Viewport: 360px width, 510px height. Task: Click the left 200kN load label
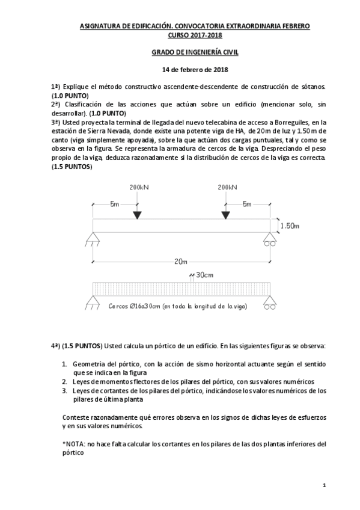(x=138, y=187)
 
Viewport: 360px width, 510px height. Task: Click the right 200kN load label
(x=227, y=187)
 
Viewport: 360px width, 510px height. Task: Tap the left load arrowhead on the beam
(x=137, y=215)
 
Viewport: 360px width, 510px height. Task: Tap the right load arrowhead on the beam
(x=225, y=215)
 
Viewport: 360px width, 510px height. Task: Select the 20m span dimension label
(x=180, y=262)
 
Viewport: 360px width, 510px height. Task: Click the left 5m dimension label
(x=114, y=204)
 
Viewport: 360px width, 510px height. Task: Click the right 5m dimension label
(x=246, y=204)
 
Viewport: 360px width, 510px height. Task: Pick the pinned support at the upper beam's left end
(x=93, y=242)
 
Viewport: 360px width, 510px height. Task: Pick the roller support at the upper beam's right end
(x=269, y=242)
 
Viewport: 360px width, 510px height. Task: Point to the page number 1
(x=323, y=485)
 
